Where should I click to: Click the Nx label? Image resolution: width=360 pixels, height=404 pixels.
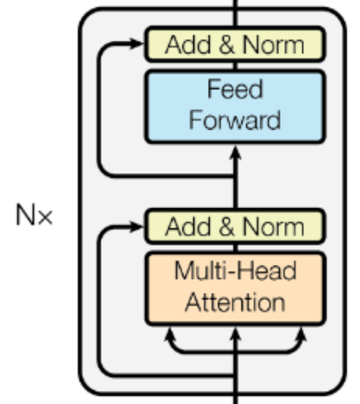pos(34,215)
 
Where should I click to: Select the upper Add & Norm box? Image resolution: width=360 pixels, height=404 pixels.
pos(235,45)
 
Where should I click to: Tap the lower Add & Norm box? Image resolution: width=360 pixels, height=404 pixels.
pos(235,226)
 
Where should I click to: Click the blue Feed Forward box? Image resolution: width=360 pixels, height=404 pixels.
pos(235,107)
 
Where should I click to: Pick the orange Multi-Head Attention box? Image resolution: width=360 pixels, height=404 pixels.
pos(235,289)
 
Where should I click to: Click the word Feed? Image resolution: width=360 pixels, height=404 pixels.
pos(235,89)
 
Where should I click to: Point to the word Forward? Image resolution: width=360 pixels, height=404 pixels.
pos(235,120)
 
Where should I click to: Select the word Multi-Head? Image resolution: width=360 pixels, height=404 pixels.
pos(235,270)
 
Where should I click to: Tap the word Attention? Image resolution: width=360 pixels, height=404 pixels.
pos(235,302)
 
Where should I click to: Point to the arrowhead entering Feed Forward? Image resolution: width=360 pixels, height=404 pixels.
pos(235,153)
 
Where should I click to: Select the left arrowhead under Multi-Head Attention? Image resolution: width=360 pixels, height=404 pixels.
pos(169,334)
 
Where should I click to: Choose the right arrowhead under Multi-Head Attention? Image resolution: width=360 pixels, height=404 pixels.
pos(302,334)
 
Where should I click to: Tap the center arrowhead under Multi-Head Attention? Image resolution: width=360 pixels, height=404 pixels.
pos(235,334)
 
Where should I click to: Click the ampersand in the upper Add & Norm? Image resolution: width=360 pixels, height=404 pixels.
pos(227,45)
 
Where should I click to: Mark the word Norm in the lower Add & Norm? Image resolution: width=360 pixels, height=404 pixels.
pos(274,226)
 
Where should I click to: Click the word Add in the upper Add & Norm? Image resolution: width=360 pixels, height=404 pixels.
pos(188,45)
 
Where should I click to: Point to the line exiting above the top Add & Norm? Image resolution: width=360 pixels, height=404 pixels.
pos(235,13)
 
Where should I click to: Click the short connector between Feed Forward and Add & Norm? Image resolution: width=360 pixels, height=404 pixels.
pos(235,66)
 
